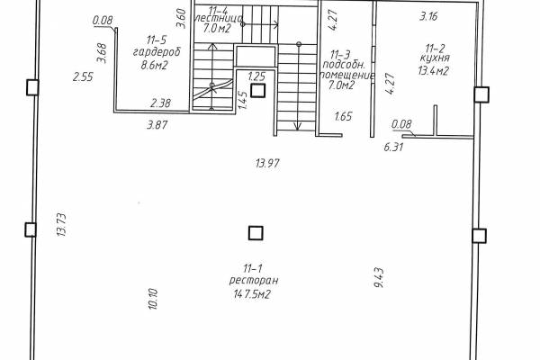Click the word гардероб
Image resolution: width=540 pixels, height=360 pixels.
pyautogui.click(x=157, y=52)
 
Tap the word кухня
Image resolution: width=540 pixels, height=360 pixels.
pyautogui.click(x=435, y=58)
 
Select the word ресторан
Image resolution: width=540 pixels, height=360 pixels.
pyautogui.click(x=254, y=281)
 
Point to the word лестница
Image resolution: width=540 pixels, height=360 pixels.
pyautogui.click(x=219, y=18)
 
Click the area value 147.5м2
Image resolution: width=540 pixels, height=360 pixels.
pyautogui.click(x=252, y=294)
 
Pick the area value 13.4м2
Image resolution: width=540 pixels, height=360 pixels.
pyautogui.click(x=433, y=71)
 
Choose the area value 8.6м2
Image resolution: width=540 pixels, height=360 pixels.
pyautogui.click(x=154, y=65)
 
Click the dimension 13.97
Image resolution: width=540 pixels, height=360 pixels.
pyautogui.click(x=267, y=163)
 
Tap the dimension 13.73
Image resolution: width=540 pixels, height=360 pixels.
pyautogui.click(x=61, y=225)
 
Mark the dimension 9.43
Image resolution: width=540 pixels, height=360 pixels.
pyautogui.click(x=379, y=278)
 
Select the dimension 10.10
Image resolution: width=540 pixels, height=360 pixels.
pyautogui.click(x=153, y=299)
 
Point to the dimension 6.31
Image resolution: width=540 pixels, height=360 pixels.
pyautogui.click(x=393, y=148)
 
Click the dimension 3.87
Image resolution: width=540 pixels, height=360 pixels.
pyautogui.click(x=157, y=125)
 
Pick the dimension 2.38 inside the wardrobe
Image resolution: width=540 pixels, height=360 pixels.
pyautogui.click(x=160, y=103)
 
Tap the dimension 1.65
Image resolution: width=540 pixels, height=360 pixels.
pyautogui.click(x=344, y=116)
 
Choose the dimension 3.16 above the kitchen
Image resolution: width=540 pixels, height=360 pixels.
pyautogui.click(x=428, y=16)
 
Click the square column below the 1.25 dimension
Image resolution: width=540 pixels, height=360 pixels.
pyautogui.click(x=257, y=90)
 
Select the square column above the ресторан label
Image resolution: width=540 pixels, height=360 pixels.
pyautogui.click(x=256, y=233)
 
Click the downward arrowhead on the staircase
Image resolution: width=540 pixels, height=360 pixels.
pyautogui.click(x=298, y=126)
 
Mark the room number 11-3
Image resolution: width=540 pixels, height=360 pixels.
pyautogui.click(x=340, y=55)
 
